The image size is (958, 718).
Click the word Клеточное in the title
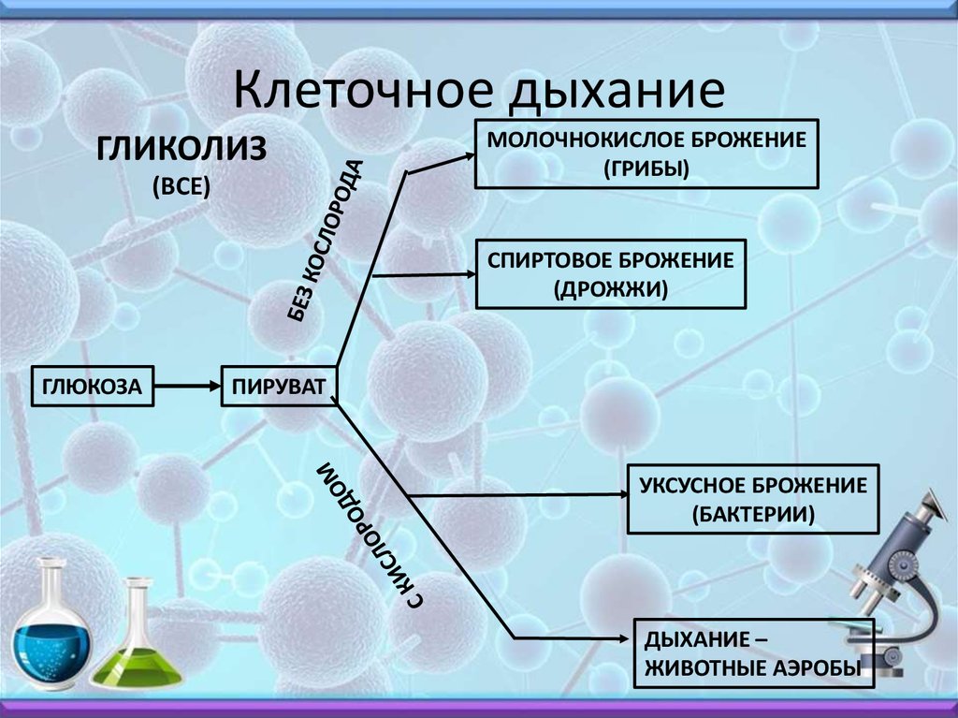click(x=363, y=90)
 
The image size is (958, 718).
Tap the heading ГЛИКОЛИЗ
click(x=181, y=149)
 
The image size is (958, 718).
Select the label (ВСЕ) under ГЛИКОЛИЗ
click(x=181, y=186)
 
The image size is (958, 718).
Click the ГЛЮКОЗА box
click(x=93, y=386)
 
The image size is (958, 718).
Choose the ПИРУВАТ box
click(x=279, y=386)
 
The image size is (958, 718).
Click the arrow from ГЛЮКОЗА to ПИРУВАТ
click(x=187, y=386)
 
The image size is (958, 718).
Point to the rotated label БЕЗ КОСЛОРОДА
click(x=326, y=241)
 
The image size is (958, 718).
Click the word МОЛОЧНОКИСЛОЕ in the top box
click(x=585, y=140)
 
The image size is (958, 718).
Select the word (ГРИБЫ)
click(x=646, y=169)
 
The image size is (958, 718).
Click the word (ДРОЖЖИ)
click(x=610, y=288)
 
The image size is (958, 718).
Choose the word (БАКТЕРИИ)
click(x=753, y=514)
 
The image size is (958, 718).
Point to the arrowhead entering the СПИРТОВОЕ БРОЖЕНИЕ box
click(x=471, y=274)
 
